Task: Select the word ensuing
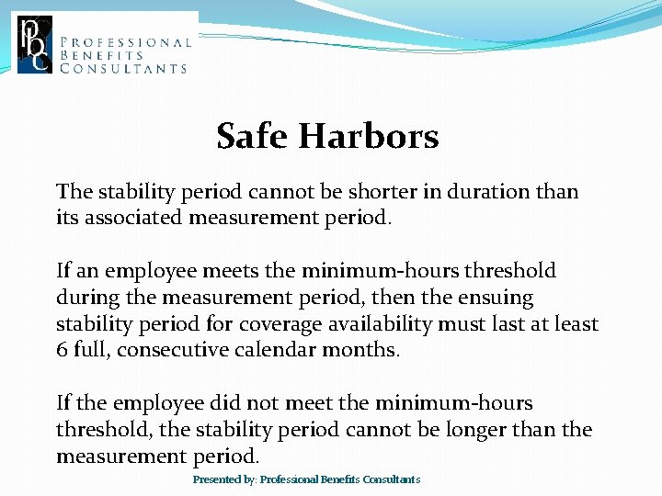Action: [x=500, y=298]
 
